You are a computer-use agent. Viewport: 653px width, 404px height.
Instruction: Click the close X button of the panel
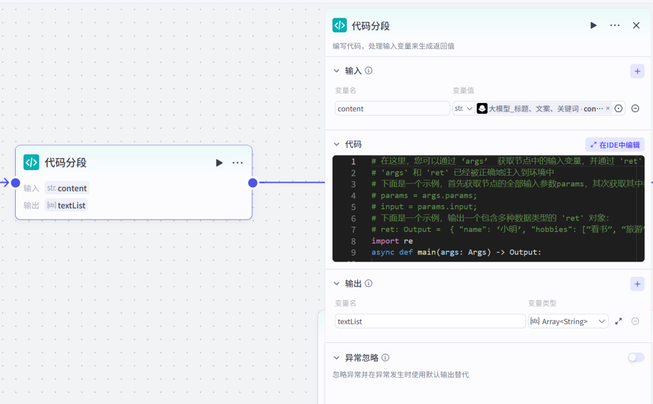[x=636, y=25]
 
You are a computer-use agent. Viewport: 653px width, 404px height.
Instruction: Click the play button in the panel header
[x=594, y=25]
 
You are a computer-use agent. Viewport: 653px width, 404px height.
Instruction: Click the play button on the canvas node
[x=219, y=162]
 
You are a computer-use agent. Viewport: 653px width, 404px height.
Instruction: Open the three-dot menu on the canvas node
[x=238, y=162]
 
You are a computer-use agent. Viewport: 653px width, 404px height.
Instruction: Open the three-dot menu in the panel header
[x=615, y=25]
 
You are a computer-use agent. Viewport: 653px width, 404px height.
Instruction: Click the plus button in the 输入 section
[x=637, y=71]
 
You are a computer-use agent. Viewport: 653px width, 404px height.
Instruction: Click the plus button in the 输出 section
[x=637, y=283]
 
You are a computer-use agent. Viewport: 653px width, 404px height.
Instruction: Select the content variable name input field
[x=392, y=108]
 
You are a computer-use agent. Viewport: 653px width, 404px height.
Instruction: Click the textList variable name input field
[x=430, y=321]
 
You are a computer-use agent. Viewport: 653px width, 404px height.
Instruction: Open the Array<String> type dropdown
[x=568, y=321]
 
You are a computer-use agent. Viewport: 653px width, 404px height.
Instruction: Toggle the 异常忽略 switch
[x=636, y=357]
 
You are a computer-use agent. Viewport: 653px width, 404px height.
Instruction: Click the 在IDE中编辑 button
[x=614, y=145]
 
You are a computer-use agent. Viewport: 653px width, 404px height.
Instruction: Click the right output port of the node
[x=253, y=183]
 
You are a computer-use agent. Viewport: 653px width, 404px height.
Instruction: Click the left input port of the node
[x=16, y=183]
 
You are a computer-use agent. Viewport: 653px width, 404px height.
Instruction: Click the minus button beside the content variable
[x=635, y=108]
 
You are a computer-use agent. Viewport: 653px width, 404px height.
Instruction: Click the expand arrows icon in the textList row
[x=619, y=321]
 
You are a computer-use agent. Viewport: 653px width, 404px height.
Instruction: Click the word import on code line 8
[x=385, y=241]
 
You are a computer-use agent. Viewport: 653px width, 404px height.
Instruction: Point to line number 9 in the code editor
[x=353, y=253]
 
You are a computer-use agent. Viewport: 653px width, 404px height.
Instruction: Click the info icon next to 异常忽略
[x=385, y=357]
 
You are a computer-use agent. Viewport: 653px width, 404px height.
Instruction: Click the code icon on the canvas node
[x=31, y=162]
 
